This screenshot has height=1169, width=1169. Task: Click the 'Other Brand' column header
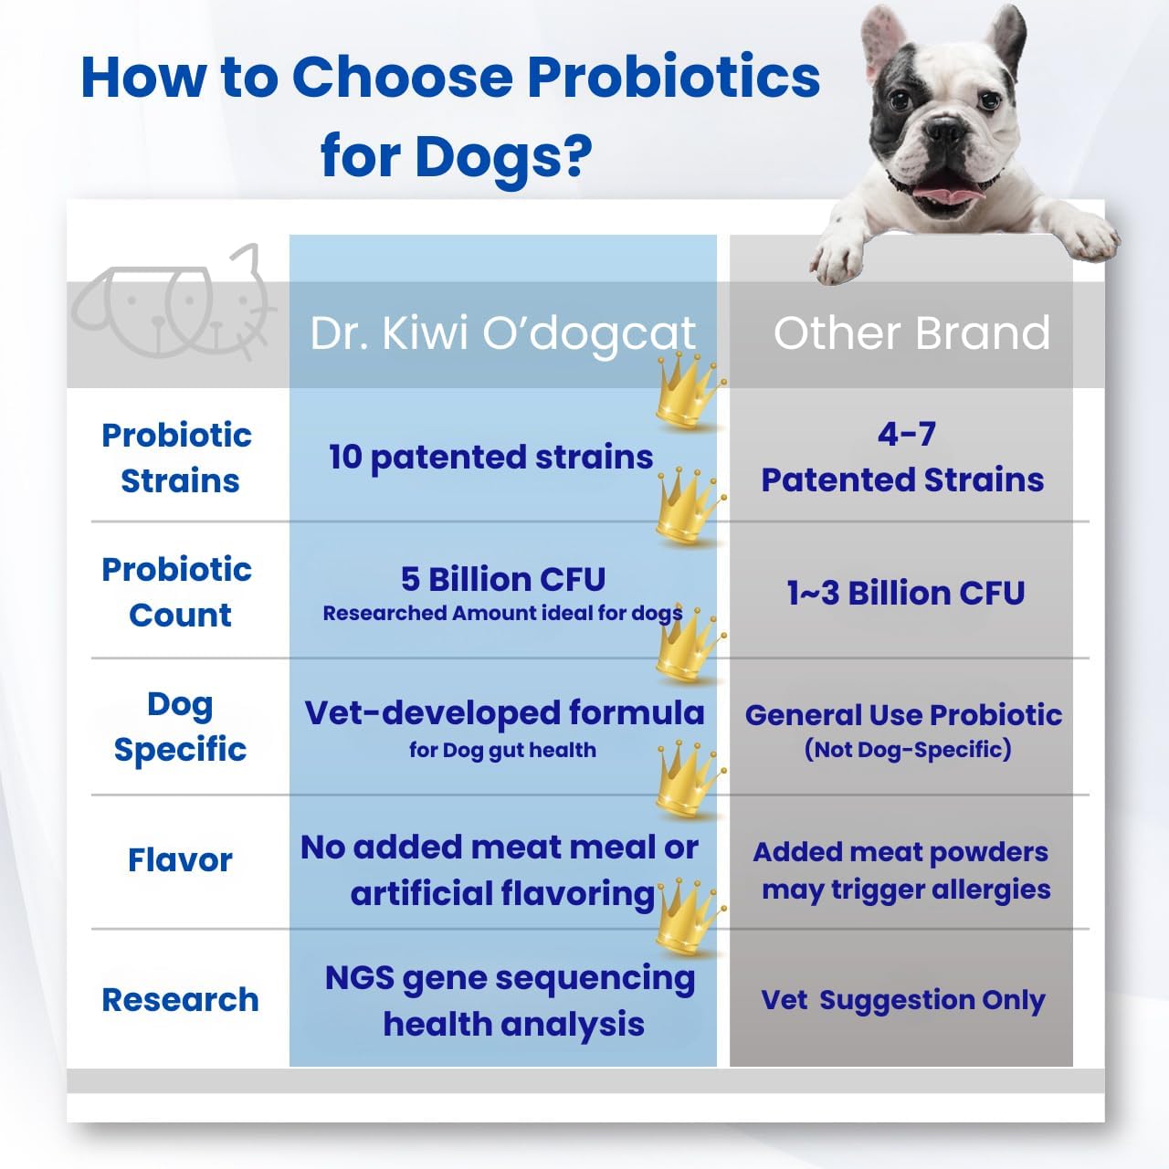[911, 332]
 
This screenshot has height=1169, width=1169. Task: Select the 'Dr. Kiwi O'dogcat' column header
[502, 333]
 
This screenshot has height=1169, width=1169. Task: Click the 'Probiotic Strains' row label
[178, 458]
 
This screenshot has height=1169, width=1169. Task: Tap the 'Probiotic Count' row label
[178, 592]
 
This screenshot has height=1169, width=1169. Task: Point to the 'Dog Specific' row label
[180, 726]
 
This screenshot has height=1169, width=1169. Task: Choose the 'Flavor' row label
[180, 859]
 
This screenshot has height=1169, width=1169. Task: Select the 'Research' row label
[180, 999]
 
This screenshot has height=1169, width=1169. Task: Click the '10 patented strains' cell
[490, 457]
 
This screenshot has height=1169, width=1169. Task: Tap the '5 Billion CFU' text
[502, 579]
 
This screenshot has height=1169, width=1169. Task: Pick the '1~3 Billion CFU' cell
[905, 593]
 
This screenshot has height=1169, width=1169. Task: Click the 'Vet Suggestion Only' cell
[903, 1000]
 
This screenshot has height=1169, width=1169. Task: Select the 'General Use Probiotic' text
[903, 714]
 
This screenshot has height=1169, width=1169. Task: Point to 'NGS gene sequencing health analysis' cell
[511, 1001]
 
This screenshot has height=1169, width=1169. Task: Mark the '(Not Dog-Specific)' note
[907, 750]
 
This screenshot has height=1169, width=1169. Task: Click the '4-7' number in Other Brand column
[906, 434]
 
